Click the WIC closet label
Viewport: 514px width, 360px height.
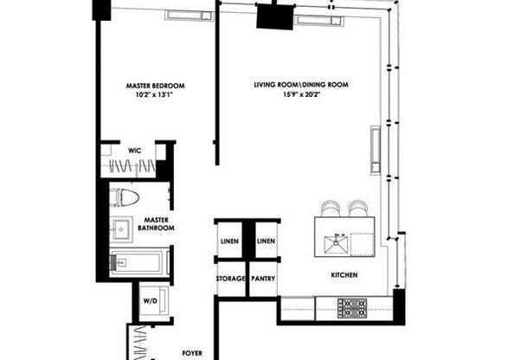click(134, 151)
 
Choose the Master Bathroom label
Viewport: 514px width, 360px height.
click(156, 224)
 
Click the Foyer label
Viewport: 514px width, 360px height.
click(191, 353)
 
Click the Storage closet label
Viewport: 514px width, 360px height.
click(229, 279)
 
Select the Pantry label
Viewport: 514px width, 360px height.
click(263, 279)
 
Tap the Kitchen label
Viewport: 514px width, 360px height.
click(344, 275)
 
